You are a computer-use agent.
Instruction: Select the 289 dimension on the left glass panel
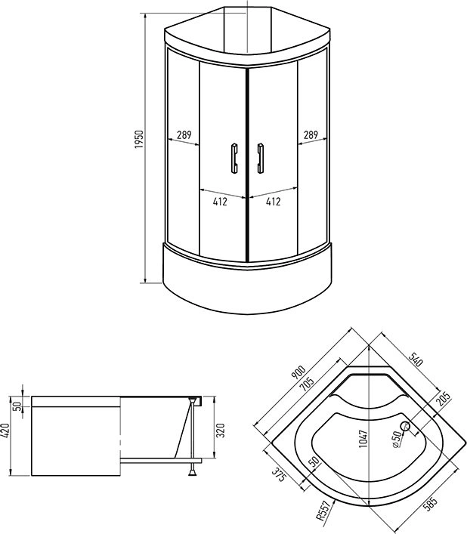tap(184, 136)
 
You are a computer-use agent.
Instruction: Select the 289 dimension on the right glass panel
tap(311, 136)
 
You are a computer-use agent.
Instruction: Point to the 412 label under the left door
tap(221, 202)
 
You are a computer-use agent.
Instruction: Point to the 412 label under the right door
tap(273, 202)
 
